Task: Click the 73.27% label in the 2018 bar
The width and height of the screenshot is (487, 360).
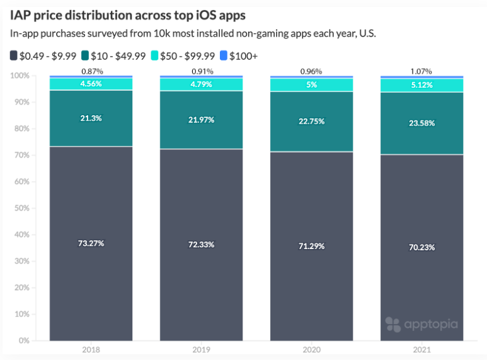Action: pos(91,243)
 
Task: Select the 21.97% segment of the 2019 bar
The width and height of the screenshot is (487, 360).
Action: pos(201,120)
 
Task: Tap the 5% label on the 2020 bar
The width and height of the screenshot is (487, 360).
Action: pos(311,84)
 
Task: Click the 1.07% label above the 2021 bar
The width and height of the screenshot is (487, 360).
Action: pos(421,71)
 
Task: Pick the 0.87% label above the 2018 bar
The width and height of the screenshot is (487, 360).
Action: pos(92,71)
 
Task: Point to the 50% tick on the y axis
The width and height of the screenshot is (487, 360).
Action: pos(22,208)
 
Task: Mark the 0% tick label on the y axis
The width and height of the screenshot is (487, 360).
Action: pos(24,340)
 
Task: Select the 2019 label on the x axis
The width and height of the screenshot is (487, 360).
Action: pos(201,349)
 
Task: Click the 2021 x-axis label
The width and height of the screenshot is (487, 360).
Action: pos(421,349)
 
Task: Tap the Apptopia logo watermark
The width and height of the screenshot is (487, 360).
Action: pos(421,325)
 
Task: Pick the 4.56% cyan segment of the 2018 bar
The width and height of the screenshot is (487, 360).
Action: pos(91,84)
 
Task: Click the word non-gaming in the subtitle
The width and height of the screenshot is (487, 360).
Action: pos(232,33)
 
